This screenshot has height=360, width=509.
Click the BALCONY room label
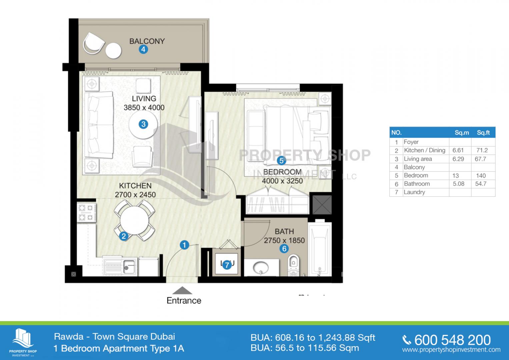click(x=147, y=41)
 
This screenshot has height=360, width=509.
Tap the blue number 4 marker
click(x=143, y=50)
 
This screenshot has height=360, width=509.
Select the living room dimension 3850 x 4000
click(x=144, y=108)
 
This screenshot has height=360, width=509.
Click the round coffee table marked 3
click(x=143, y=124)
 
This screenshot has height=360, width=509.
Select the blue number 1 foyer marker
click(x=184, y=245)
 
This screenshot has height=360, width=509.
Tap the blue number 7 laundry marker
click(x=227, y=265)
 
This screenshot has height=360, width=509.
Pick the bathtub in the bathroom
click(x=320, y=248)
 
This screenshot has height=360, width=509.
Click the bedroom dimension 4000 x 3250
click(x=282, y=181)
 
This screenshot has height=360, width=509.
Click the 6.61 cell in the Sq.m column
click(x=458, y=150)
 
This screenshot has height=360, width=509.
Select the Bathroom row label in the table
click(x=417, y=184)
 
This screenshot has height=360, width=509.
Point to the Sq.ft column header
click(x=483, y=132)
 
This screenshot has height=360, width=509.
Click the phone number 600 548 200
click(x=452, y=340)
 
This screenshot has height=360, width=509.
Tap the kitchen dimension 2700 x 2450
click(x=135, y=195)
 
